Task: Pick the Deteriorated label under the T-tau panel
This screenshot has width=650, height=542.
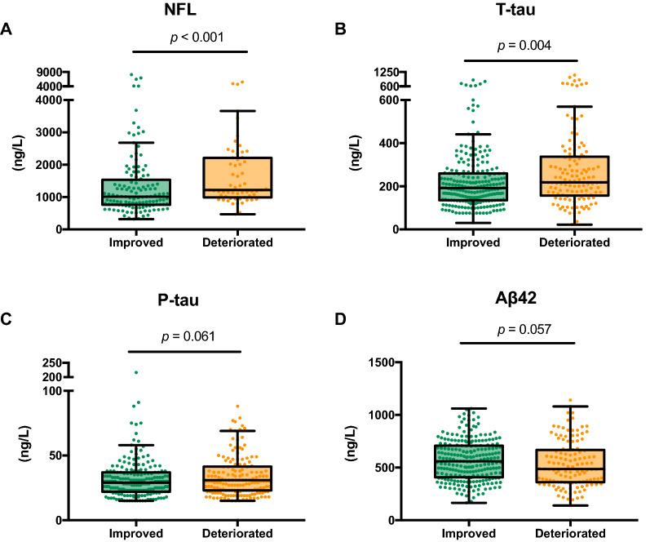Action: click(574, 242)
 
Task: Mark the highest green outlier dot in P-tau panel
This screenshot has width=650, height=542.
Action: click(136, 372)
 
